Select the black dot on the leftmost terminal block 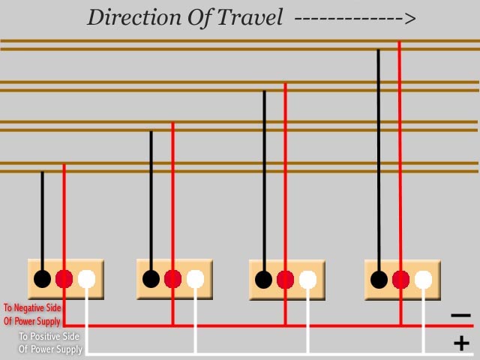(x=43, y=279)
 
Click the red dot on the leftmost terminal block (x=64, y=279)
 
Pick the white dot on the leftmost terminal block (x=87, y=279)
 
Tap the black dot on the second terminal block (x=151, y=279)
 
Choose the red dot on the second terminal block (x=173, y=279)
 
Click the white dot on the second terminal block (x=196, y=279)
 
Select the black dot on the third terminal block (x=263, y=280)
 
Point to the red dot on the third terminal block (x=285, y=280)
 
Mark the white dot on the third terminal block (x=307, y=280)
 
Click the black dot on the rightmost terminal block (x=379, y=280)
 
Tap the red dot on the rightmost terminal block (x=401, y=280)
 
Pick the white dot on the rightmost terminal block (x=424, y=280)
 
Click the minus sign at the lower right (x=461, y=316)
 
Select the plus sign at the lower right (x=461, y=343)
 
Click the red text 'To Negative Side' (x=32, y=307)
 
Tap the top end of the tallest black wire (x=379, y=51)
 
